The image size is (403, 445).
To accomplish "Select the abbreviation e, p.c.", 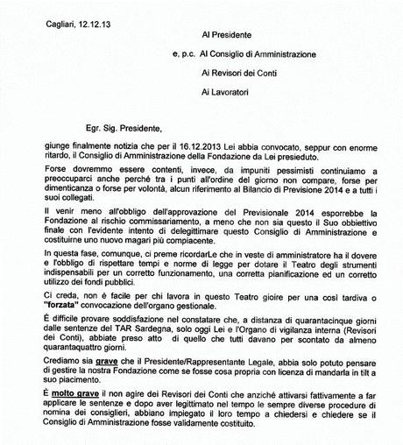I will (186, 55).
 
